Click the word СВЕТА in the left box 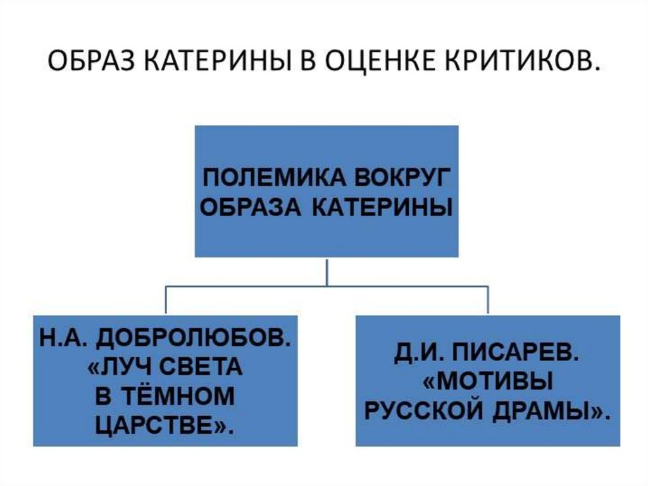203,367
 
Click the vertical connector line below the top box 327,272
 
